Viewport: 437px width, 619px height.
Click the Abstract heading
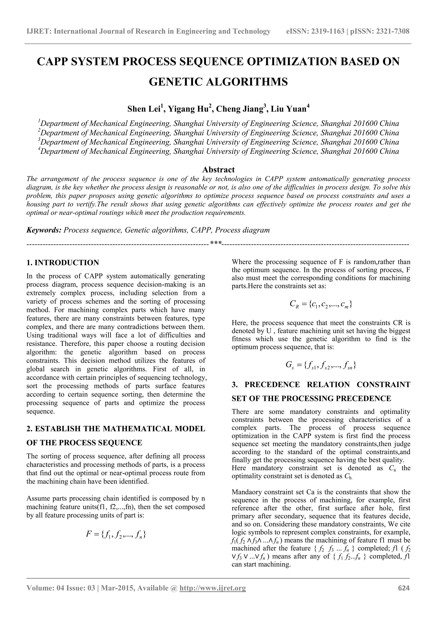[x=218, y=170]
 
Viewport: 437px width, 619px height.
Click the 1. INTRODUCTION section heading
[x=63, y=263]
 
